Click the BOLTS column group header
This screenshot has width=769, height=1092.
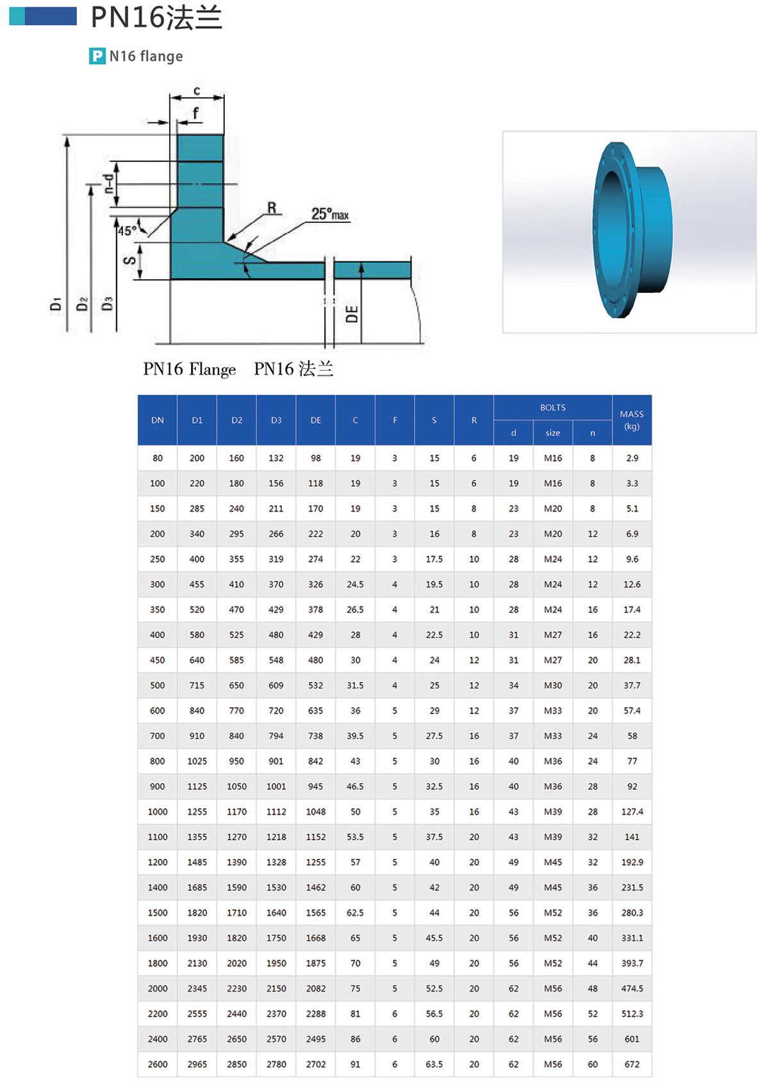coord(552,407)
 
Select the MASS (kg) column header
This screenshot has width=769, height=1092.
coord(631,420)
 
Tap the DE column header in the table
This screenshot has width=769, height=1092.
coord(315,420)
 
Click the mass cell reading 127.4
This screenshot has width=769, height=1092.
coord(632,811)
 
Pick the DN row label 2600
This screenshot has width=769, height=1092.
coord(158,1064)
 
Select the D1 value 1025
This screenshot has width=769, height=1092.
coord(197,761)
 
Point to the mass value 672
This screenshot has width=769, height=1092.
coord(632,1064)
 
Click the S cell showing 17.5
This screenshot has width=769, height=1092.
coord(434,559)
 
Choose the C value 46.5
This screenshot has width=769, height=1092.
coord(355,786)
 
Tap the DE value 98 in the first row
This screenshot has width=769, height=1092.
coord(315,458)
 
